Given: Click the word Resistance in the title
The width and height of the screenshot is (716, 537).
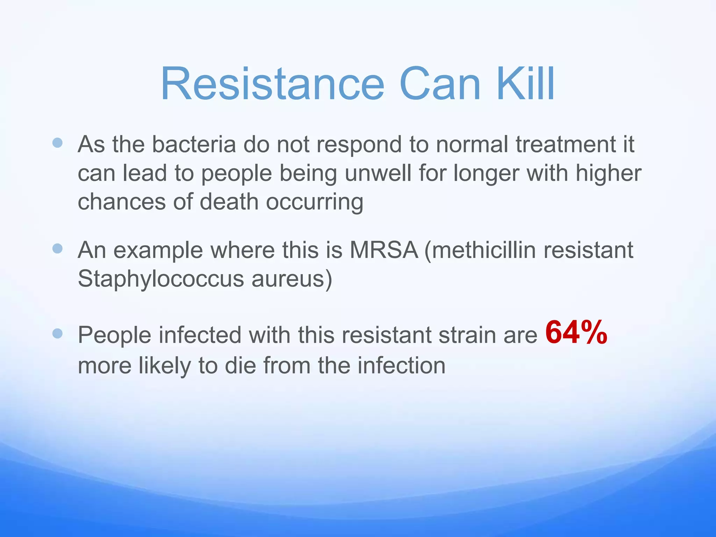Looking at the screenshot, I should pos(272,84).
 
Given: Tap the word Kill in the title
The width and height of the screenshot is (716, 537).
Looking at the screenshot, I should pos(525,84).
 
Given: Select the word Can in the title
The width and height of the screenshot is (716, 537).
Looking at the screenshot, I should pos(440,84).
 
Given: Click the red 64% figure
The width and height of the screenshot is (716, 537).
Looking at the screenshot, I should pos(576,332).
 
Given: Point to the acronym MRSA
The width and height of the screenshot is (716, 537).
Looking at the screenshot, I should pos(384,250).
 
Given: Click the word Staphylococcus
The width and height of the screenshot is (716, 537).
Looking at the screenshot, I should pos(160,279).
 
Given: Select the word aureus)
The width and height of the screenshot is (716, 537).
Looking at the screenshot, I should pos(292,279).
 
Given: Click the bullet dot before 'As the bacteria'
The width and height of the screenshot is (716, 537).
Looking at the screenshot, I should pos(57,143).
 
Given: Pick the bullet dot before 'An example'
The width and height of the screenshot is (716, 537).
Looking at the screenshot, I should pos(57,249).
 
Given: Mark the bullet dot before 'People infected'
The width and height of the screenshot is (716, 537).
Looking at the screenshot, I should pos(57,334).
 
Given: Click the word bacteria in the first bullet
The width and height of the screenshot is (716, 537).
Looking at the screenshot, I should pos(194,144).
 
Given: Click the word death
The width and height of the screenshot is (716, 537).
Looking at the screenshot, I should pos(229,202).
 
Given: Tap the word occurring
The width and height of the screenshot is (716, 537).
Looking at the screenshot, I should pos(315,202).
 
